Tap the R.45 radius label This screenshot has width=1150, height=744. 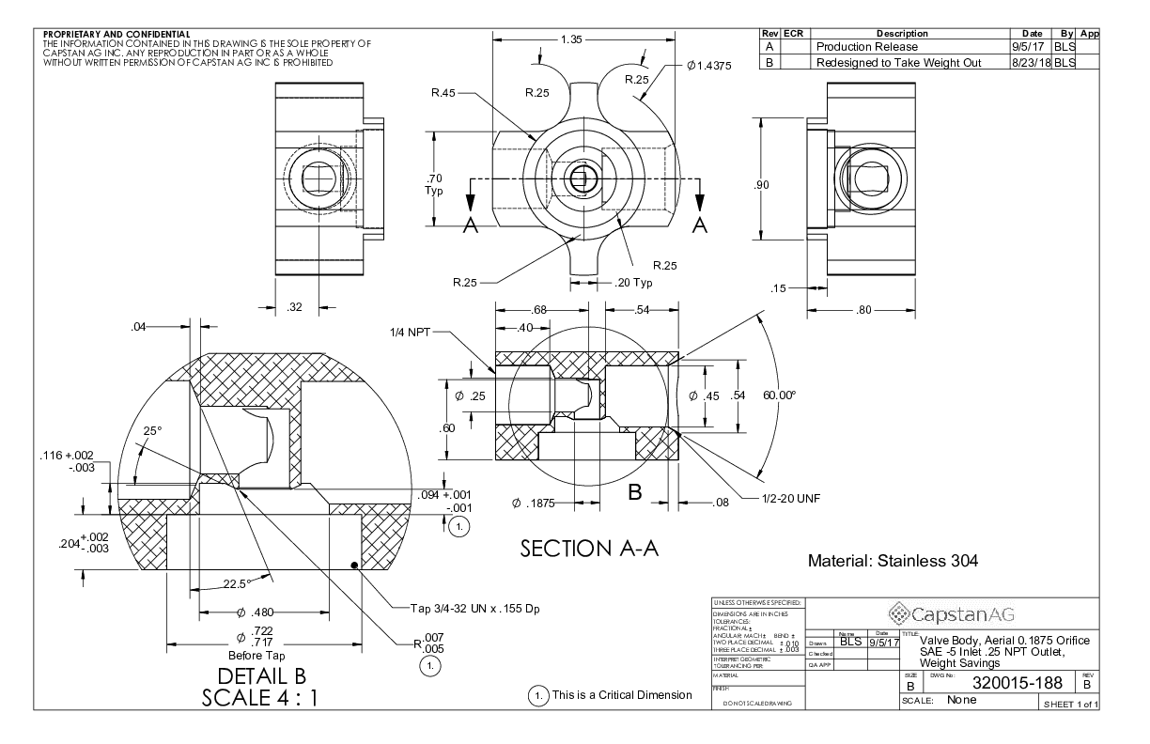coord(443,92)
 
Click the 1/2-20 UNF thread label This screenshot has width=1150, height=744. coord(795,498)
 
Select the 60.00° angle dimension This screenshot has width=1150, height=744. coord(780,395)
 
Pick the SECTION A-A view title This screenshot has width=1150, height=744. coord(589,549)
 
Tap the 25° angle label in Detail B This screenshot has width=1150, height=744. coord(152,431)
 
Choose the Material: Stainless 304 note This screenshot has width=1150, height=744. coord(893,562)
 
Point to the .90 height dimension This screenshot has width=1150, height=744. coord(762,185)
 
